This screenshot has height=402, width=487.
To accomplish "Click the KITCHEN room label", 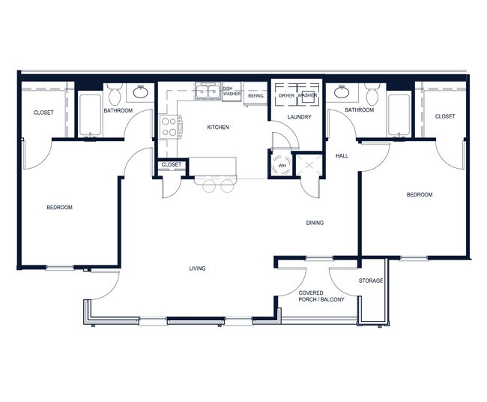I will coord(218,127).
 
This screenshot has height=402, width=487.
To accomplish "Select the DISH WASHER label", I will coord(232,91).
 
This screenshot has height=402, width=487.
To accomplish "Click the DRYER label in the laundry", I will coord(286,96).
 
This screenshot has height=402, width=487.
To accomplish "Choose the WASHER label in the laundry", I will coord(307,96).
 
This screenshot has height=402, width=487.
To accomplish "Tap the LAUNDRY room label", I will coord(300,117).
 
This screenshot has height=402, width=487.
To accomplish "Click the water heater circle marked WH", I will coord(282,164).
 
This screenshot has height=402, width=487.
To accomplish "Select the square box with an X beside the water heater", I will coord(308,163).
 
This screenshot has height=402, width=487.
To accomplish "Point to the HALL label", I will coord(342,156).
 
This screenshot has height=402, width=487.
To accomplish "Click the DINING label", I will coord(315,223).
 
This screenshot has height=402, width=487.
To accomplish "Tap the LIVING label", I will coord(197,268).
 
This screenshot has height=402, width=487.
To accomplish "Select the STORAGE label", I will coord(370,280).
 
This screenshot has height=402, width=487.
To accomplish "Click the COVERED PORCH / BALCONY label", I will coord(321,296).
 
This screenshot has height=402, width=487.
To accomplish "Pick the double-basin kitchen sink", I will coord(208,92).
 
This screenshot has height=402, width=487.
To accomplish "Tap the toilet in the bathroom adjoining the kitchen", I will coord(114,94).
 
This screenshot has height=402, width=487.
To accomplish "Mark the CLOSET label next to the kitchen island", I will coord(171,164).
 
